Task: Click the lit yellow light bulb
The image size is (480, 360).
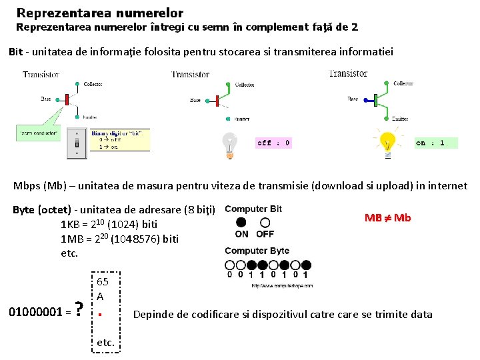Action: (387, 143)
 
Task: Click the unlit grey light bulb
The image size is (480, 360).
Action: (229, 144)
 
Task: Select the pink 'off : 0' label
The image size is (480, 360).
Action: (273, 143)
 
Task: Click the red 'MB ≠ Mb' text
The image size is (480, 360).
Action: (387, 218)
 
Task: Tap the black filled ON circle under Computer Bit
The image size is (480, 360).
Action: (241, 222)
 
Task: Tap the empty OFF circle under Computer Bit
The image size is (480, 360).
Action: (265, 222)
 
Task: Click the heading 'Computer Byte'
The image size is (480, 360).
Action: (257, 251)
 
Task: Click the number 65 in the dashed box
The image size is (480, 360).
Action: (103, 281)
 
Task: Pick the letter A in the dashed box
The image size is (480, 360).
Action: (100, 296)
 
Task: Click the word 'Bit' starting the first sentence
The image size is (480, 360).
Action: (16, 52)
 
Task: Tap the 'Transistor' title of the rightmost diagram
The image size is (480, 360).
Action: (348, 73)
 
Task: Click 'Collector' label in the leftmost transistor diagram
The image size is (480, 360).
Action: (93, 84)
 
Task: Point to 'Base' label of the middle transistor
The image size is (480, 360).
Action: (195, 101)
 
